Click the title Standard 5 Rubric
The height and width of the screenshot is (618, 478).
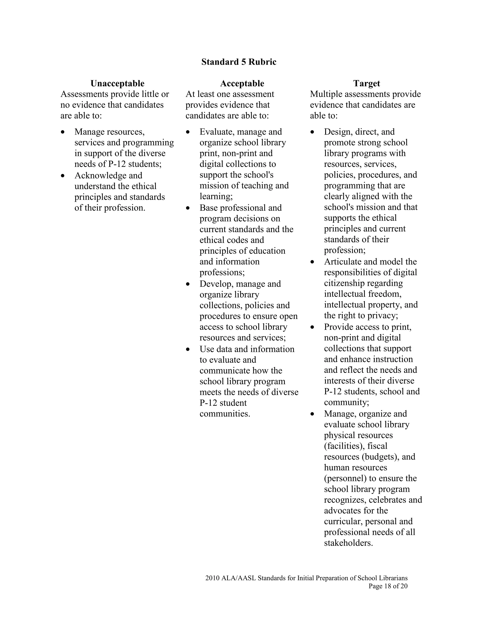coord(239,62)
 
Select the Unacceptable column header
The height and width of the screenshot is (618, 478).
coord(117,83)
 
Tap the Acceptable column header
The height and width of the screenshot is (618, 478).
coord(242,83)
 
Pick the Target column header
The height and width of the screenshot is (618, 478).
coord(366,83)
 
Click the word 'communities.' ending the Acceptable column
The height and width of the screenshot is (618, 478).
coord(225,414)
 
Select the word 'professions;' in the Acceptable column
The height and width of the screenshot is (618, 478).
coord(222,272)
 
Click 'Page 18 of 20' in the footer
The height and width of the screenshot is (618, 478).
coord(388,586)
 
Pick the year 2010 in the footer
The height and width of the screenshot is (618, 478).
coord(212,578)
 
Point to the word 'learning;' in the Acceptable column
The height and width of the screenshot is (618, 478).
coord(216,196)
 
